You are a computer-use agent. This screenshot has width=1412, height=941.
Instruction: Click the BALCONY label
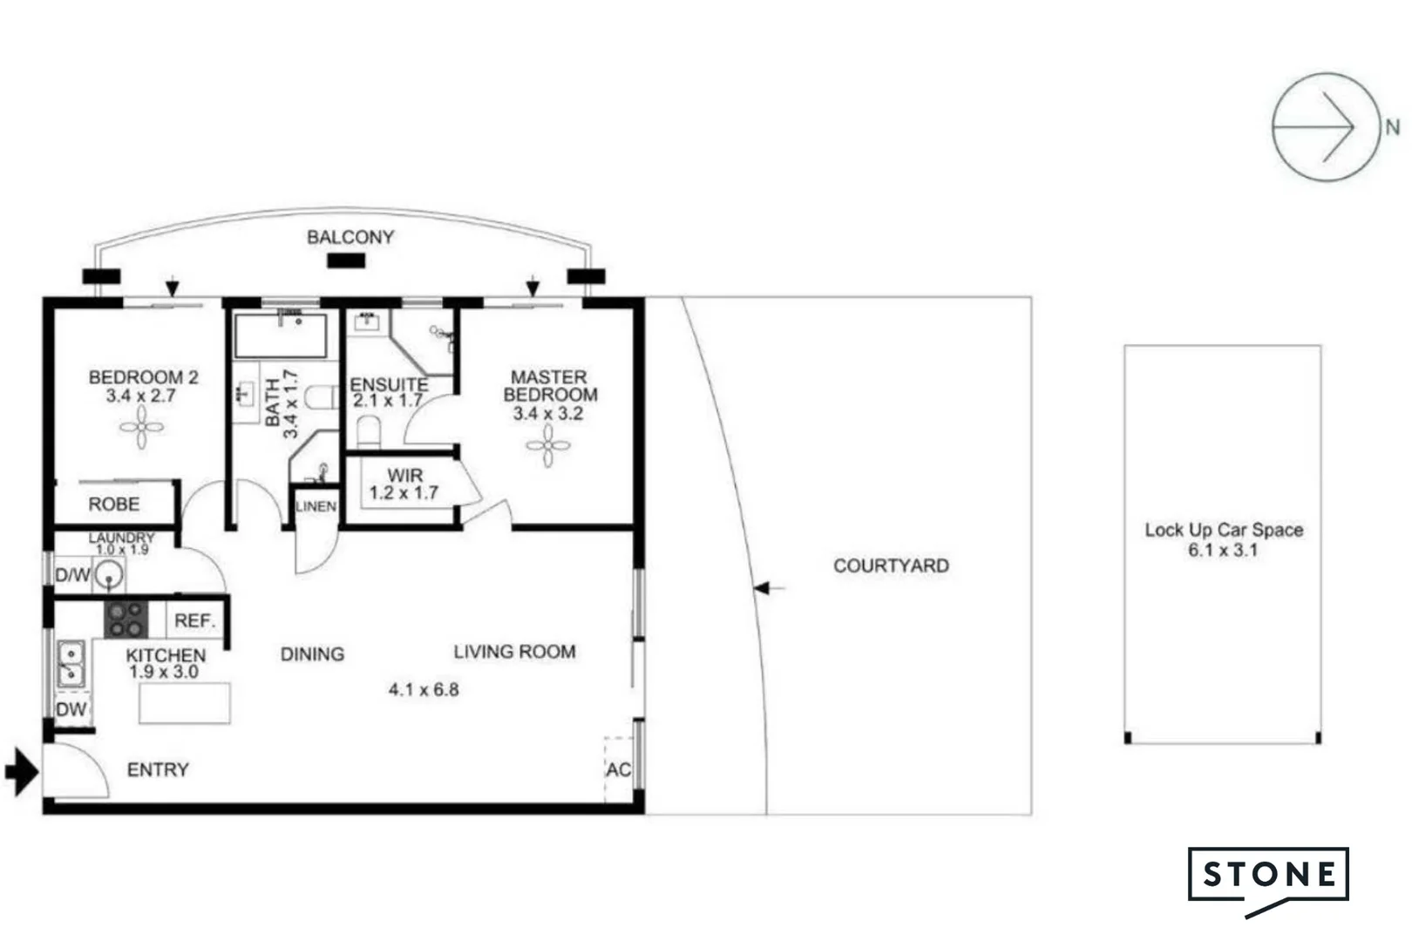click(x=350, y=237)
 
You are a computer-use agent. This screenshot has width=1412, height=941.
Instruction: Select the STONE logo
click(x=1268, y=875)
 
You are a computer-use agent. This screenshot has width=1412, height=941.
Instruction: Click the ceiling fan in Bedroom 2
click(x=141, y=428)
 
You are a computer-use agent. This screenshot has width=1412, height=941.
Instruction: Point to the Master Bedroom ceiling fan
click(x=547, y=446)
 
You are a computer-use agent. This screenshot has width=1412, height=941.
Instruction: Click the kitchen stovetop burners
click(x=126, y=619)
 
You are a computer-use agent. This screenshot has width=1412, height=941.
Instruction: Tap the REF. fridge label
click(x=194, y=621)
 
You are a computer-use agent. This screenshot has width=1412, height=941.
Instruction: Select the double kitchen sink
click(x=71, y=664)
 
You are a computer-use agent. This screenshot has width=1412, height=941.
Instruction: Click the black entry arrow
click(x=22, y=771)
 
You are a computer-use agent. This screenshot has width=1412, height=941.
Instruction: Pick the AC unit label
click(x=618, y=770)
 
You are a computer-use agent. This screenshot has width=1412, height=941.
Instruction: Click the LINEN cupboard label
click(x=316, y=506)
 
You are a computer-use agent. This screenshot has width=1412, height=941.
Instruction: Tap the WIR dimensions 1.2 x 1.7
click(x=404, y=493)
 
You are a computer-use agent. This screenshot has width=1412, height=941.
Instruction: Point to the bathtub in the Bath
click(x=281, y=335)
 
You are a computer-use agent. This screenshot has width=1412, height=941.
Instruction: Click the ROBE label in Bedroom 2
click(x=113, y=504)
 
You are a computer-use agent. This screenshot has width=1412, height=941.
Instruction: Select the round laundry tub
click(x=109, y=575)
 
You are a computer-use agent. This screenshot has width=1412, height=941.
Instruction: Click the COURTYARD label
click(x=891, y=566)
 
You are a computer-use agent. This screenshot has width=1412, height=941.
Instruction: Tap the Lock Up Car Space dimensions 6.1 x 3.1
click(x=1223, y=550)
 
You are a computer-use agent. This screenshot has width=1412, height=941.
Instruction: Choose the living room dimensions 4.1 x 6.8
click(x=424, y=690)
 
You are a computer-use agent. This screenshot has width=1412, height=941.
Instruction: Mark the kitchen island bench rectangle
click(x=185, y=703)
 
